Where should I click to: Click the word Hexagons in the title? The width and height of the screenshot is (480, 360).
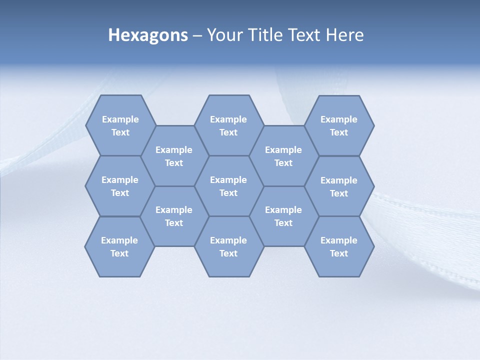coord(148,35)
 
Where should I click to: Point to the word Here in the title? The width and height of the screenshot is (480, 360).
coord(344,35)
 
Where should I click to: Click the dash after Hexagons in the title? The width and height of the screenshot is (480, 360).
coord(197,35)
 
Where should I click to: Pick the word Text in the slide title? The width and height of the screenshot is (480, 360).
coord(305,35)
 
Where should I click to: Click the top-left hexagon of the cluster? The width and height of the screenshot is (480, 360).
coord(120,125)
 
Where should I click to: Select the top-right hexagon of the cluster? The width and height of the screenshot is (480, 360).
coord(339,125)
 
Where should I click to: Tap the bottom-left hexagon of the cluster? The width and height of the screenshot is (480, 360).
coord(119,246)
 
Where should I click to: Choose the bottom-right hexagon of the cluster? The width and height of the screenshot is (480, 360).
coord(339,246)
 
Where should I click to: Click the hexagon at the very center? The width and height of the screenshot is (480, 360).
coord(228,186)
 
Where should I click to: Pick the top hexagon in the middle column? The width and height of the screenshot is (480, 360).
coord(228,125)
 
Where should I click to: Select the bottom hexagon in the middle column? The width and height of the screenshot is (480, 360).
coord(228,246)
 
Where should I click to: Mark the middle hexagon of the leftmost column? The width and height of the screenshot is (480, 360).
coord(120,186)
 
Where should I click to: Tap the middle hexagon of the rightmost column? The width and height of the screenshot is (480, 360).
coord(339,186)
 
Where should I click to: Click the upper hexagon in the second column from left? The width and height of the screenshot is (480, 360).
coord(174,156)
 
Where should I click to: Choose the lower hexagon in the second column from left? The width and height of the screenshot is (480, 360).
coord(174,216)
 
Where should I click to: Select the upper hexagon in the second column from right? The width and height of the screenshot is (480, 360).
coord(283,156)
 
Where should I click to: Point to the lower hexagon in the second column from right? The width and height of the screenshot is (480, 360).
coord(283,216)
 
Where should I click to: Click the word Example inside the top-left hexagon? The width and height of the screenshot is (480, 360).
coord(120,119)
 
